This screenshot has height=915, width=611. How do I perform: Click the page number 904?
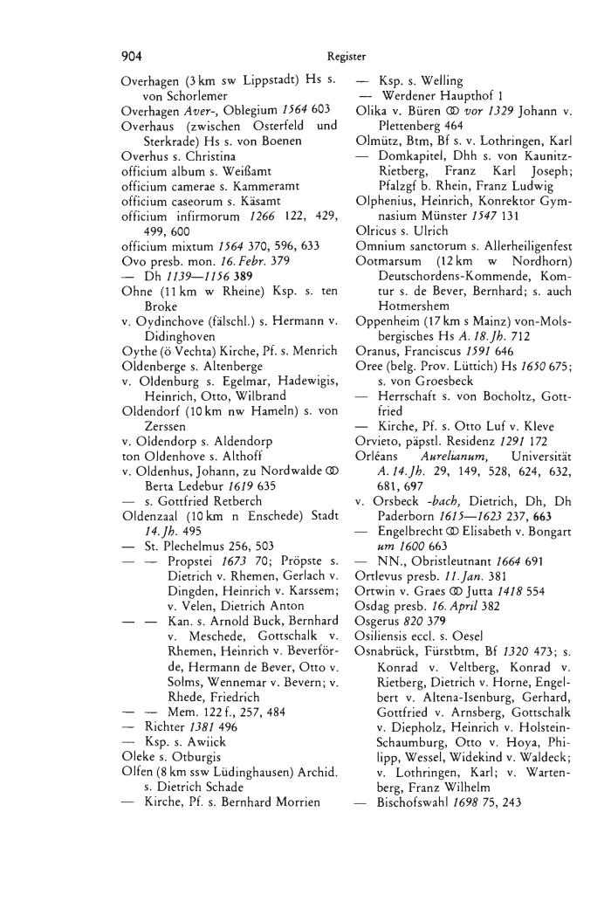click(x=133, y=56)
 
